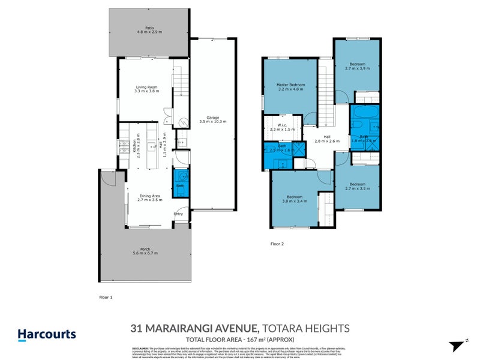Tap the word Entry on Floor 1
click(178, 214)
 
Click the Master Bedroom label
click(290, 85)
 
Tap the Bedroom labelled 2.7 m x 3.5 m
click(357, 184)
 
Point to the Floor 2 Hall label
click(327, 137)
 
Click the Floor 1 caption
click(106, 296)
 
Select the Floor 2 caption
click(277, 244)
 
